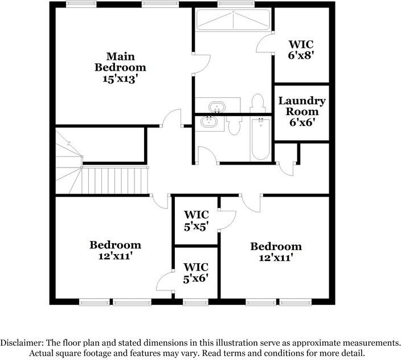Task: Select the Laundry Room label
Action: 302,106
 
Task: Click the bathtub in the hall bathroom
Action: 260,140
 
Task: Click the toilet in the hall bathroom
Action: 234,126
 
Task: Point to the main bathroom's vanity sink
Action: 216,107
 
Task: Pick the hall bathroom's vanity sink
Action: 209,121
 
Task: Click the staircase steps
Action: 114,180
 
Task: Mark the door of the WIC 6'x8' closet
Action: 266,43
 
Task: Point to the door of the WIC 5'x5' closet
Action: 227,219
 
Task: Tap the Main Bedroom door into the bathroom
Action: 197,64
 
